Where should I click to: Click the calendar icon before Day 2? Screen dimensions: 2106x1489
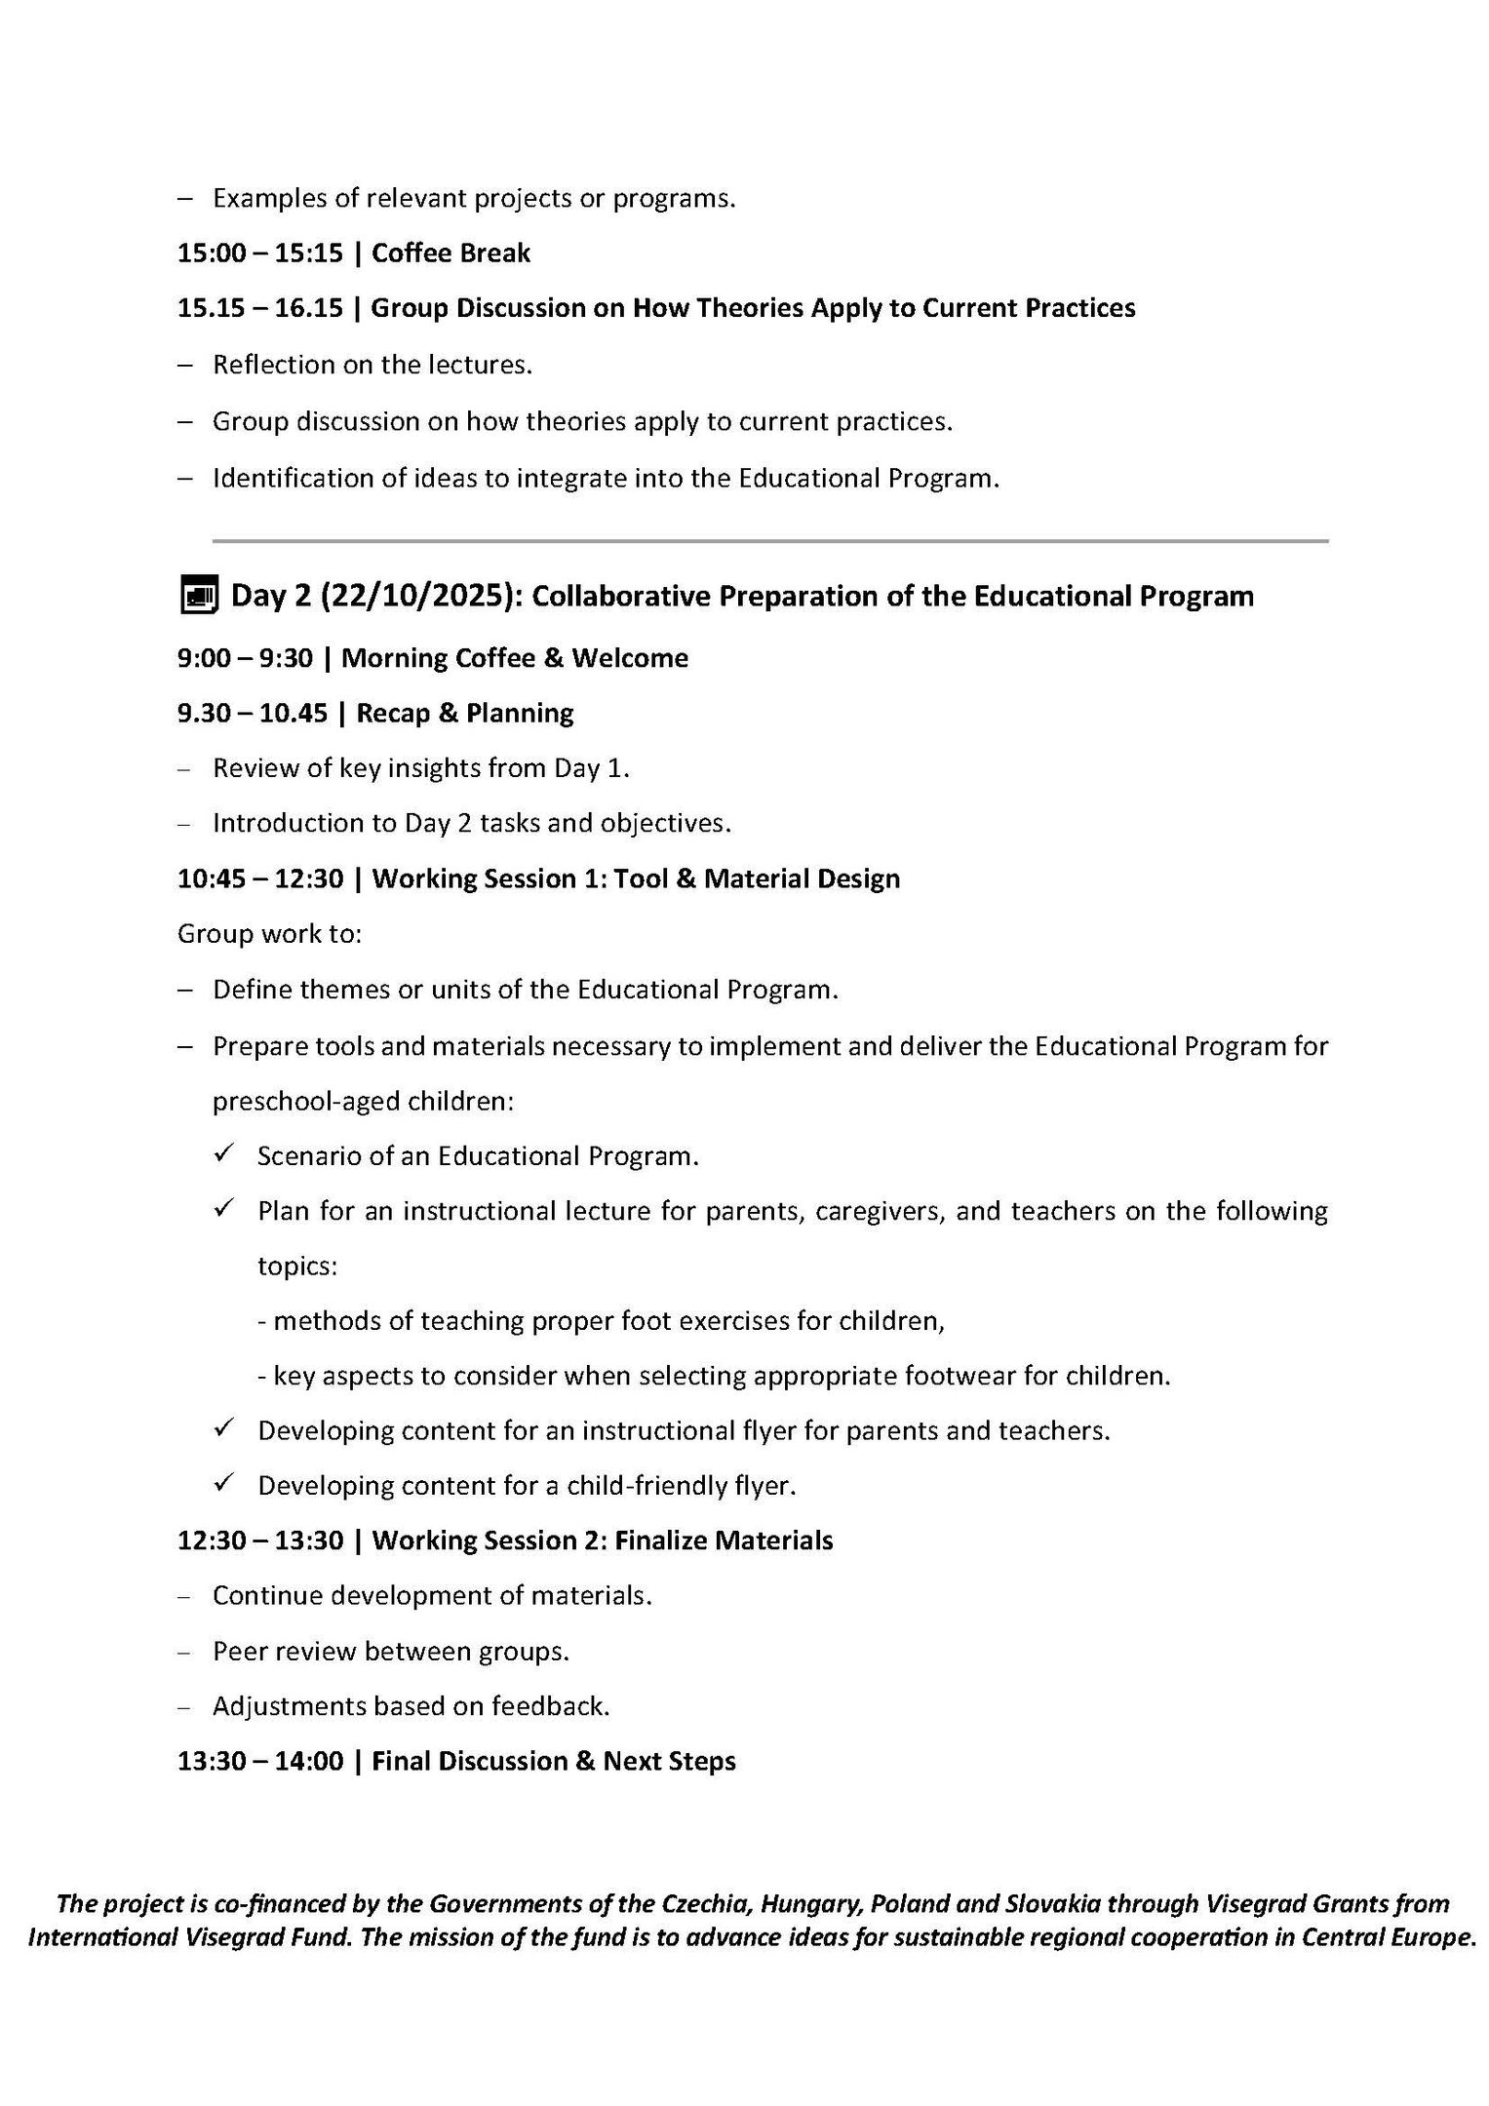(x=199, y=595)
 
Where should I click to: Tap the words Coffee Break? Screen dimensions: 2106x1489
(x=451, y=253)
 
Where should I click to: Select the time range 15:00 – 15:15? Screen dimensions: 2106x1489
(x=260, y=253)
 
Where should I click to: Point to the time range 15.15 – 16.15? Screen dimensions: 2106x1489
(x=260, y=308)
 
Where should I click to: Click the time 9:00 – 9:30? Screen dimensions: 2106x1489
(x=245, y=658)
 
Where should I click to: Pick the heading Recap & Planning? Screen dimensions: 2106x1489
(x=464, y=713)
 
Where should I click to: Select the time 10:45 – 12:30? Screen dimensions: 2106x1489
(x=260, y=878)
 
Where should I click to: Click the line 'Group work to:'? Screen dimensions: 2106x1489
(x=269, y=934)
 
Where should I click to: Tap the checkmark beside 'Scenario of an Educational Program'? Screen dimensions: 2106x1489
(x=223, y=1154)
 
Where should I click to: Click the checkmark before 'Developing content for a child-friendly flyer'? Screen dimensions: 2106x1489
(x=223, y=1484)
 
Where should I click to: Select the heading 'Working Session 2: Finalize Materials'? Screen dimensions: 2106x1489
(x=602, y=1540)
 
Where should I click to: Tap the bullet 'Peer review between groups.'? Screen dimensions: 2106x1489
(x=391, y=1652)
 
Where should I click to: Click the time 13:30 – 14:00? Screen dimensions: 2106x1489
(x=260, y=1761)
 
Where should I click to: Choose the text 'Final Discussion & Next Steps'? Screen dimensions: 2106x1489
(x=553, y=1761)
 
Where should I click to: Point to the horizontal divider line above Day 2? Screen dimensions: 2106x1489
(x=770, y=540)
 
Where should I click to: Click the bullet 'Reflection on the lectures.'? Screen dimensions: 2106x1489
(x=372, y=365)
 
